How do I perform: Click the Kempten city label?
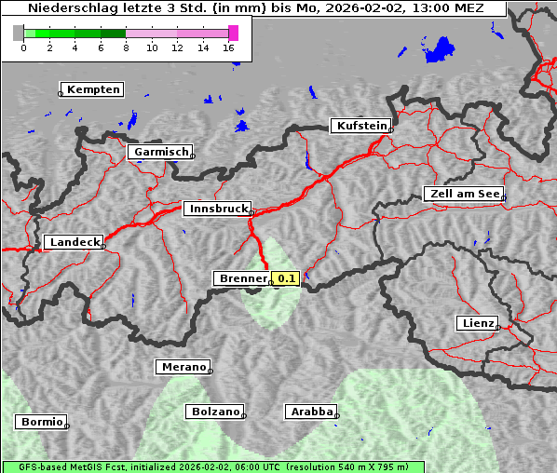(93, 89)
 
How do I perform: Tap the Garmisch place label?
(161, 152)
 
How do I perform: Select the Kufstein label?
(360, 126)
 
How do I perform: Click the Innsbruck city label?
(216, 209)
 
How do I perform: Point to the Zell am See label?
(463, 194)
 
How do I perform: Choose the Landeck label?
(74, 242)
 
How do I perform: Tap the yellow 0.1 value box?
(285, 278)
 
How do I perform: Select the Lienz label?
(477, 323)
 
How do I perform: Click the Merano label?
(183, 367)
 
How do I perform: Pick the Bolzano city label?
(215, 411)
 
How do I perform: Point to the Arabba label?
(310, 411)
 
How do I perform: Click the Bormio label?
(41, 422)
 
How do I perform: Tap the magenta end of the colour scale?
(233, 33)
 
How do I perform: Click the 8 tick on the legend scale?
(126, 47)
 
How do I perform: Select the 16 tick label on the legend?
(228, 47)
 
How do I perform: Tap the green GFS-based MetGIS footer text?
(212, 466)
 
